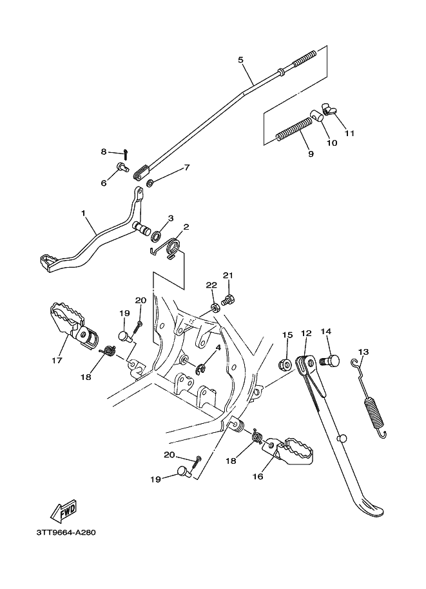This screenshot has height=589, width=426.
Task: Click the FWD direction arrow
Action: [x=63, y=511]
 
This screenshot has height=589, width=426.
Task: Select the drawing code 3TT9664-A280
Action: [x=66, y=533]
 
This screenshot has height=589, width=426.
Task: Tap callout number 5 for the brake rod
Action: [x=240, y=60]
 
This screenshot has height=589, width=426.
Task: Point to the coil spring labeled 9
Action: [x=295, y=128]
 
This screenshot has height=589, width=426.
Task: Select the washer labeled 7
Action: [x=150, y=184]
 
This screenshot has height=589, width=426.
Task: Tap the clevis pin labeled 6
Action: [x=122, y=166]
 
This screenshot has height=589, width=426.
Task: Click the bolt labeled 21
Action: [x=228, y=300]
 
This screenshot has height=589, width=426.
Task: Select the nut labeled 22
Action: [x=215, y=308]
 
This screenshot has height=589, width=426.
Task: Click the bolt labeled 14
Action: [x=330, y=362]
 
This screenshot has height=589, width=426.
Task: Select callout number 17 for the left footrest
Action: [x=57, y=360]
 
